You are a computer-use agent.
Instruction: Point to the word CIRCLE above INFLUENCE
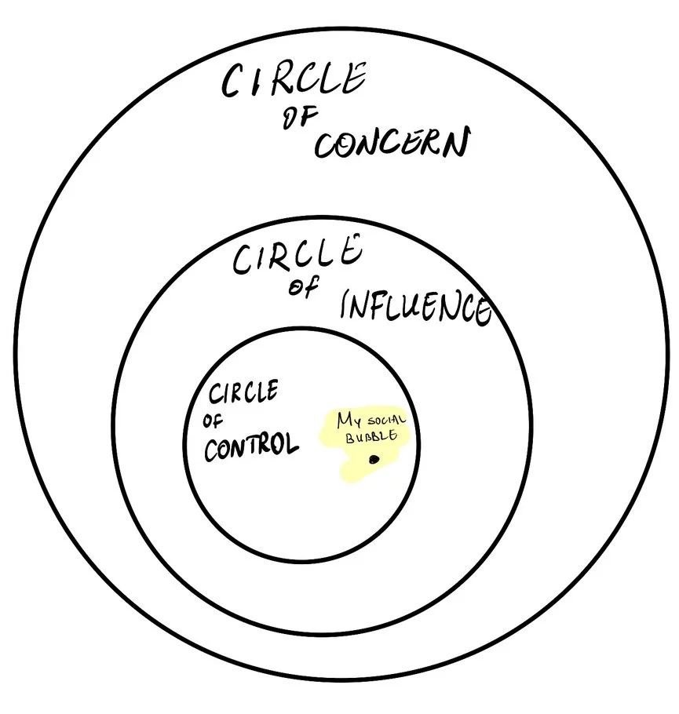pyautogui.click(x=297, y=256)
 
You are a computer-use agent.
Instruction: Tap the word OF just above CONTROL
pyautogui.click(x=213, y=421)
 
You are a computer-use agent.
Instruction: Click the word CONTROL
pyautogui.click(x=251, y=447)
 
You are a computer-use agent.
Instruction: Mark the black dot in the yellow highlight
pyautogui.click(x=374, y=459)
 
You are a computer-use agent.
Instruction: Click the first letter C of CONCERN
pyautogui.click(x=325, y=147)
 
